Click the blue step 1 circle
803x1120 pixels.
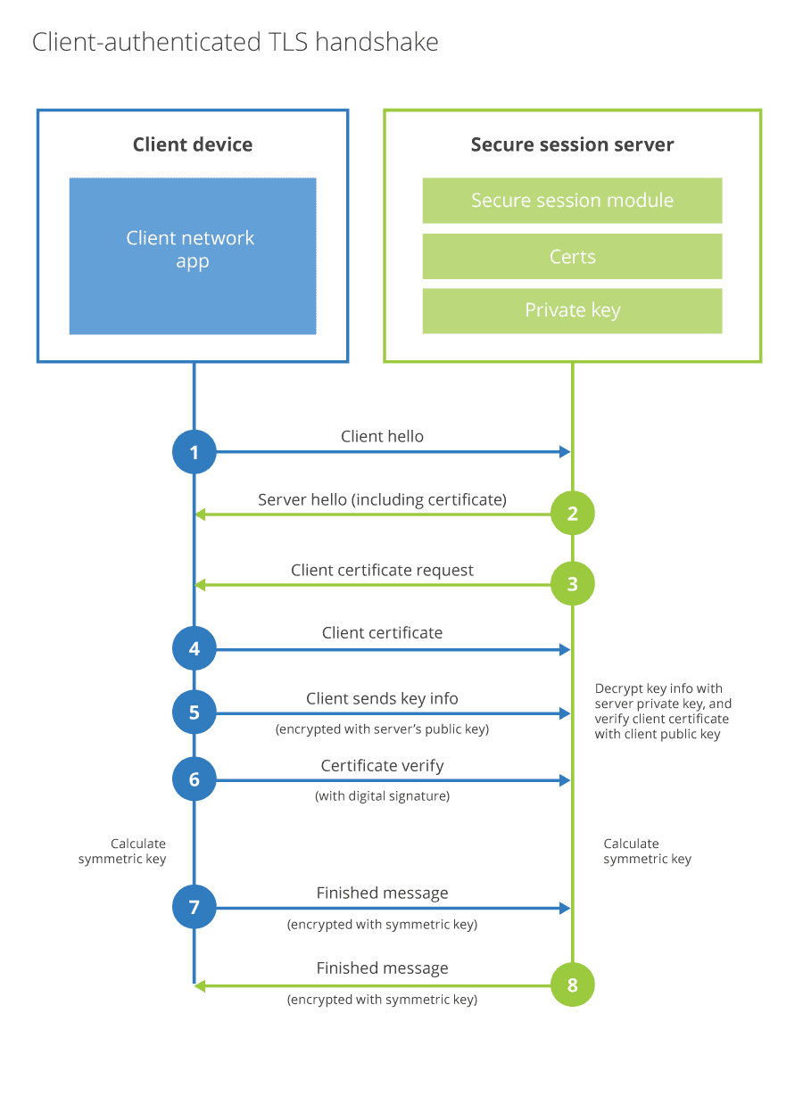tap(195, 452)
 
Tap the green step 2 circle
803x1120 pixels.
tap(572, 514)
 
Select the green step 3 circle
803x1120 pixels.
tap(572, 584)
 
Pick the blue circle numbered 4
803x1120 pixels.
tap(195, 650)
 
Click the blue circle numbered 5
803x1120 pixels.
tap(195, 712)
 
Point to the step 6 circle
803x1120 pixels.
tap(195, 779)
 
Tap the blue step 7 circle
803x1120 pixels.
tap(195, 908)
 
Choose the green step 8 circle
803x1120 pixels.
tap(572, 985)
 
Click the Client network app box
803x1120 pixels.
tap(193, 256)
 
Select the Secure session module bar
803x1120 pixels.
tap(572, 201)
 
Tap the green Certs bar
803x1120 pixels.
tap(572, 257)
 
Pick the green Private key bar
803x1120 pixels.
tap(572, 310)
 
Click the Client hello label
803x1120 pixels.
tap(382, 437)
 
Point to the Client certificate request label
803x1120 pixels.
tap(382, 571)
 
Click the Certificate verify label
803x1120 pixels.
tap(382, 766)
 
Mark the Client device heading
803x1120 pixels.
tap(193, 144)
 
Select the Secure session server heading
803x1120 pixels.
tap(572, 144)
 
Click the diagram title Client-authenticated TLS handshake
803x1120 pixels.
tap(236, 42)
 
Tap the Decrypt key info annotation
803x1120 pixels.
tap(663, 712)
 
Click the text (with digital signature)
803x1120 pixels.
tap(382, 796)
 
